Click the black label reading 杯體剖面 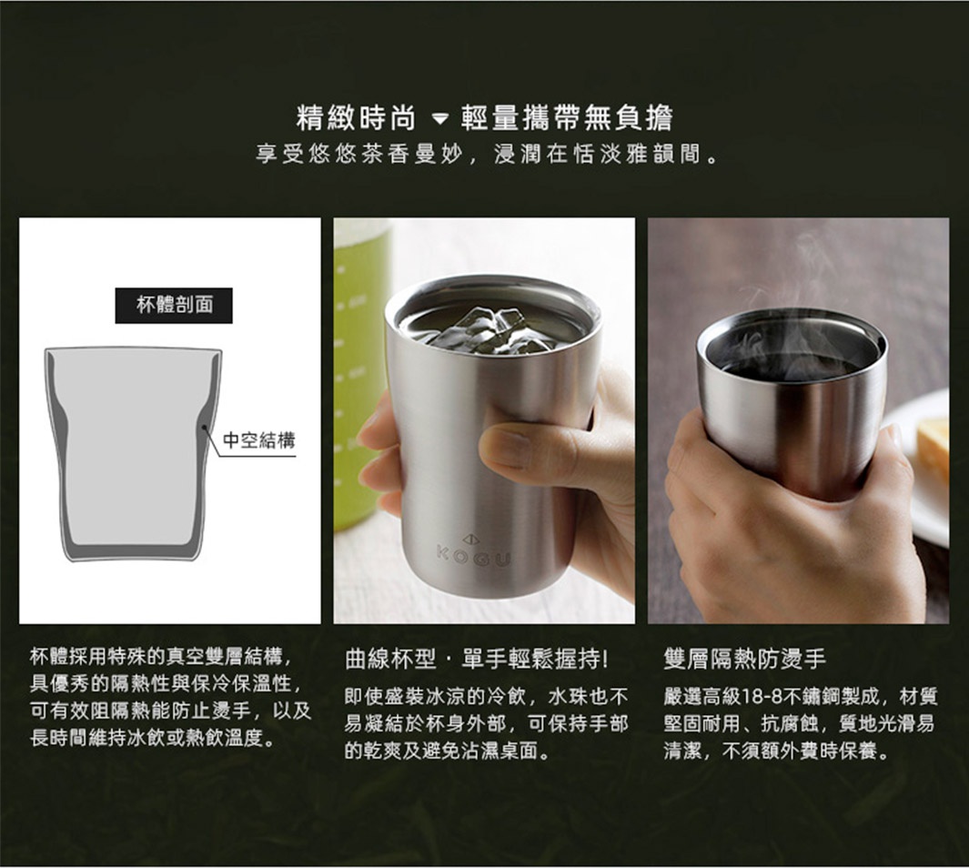click(174, 305)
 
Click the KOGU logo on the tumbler click(472, 554)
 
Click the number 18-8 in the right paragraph click(762, 698)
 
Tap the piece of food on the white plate click(933, 450)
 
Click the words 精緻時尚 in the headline click(357, 118)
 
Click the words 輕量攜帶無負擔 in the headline click(566, 118)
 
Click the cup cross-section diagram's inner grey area click(132, 446)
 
